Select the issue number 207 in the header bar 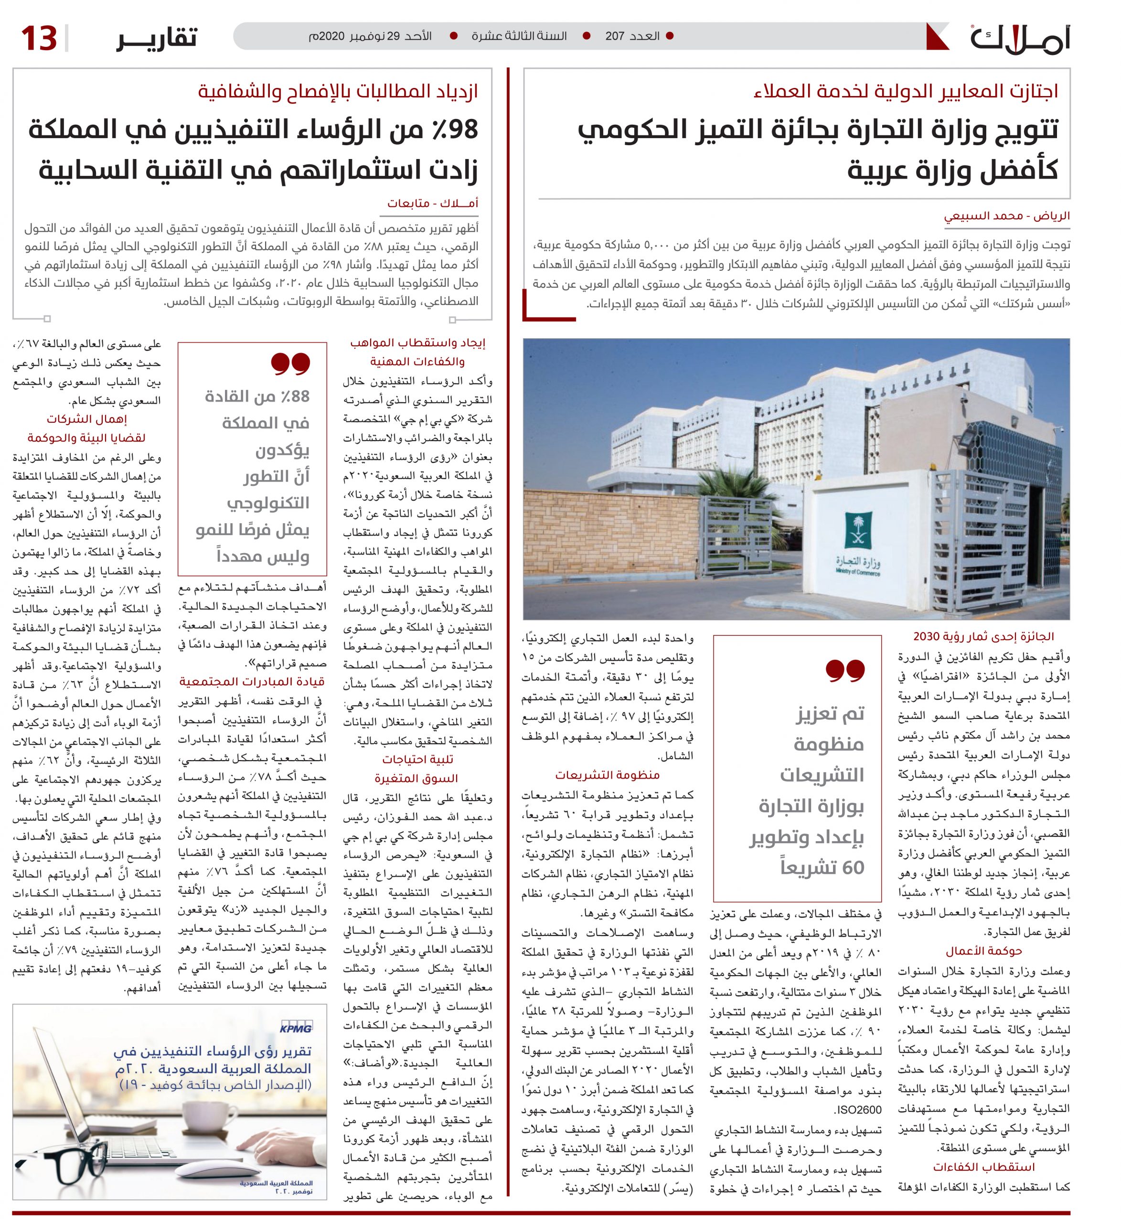(x=615, y=36)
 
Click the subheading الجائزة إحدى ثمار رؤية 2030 (x=983, y=636)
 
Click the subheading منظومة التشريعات (x=607, y=775)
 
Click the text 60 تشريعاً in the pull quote (x=822, y=868)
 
